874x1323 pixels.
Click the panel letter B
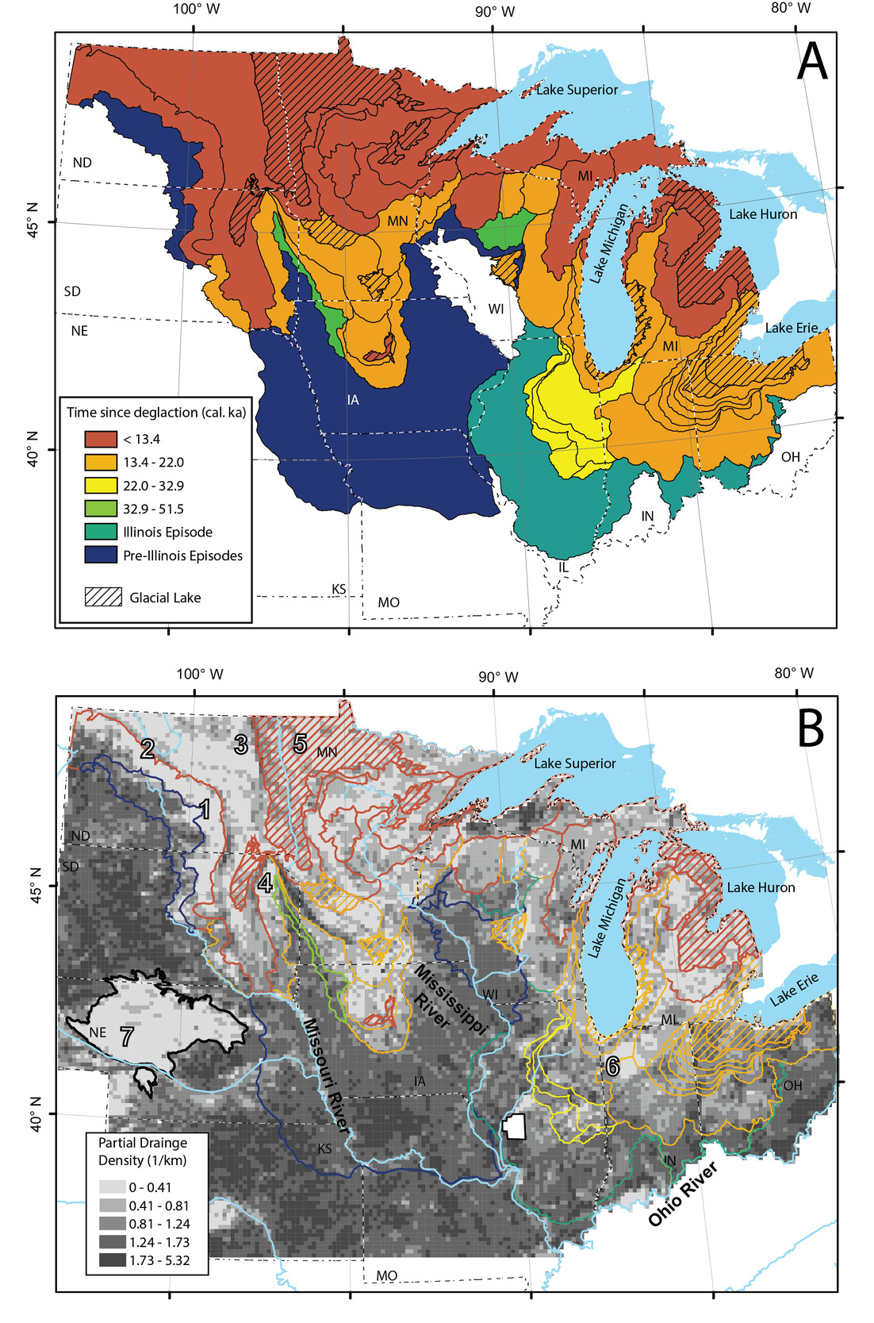coord(810,728)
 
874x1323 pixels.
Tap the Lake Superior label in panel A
coord(577,90)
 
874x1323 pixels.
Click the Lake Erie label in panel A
coord(791,328)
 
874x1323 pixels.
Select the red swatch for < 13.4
coord(101,439)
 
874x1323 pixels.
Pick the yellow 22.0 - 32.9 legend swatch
coord(101,486)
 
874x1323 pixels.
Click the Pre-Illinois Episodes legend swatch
coord(101,556)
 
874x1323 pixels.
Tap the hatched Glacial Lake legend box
coord(103,598)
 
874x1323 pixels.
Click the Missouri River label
coord(326,1076)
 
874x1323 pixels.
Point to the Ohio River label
coord(683,1193)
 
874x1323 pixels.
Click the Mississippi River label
coord(449,998)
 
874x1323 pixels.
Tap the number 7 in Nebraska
coord(126,1036)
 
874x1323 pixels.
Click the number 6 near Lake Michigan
coord(612,1066)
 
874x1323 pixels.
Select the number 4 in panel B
coord(265,882)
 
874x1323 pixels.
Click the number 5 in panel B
coord(300,744)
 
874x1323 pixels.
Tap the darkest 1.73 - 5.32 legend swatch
coord(112,1260)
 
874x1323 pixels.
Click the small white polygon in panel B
coord(514,1127)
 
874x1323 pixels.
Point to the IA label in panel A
coord(353,400)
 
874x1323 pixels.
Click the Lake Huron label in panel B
coord(761,887)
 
